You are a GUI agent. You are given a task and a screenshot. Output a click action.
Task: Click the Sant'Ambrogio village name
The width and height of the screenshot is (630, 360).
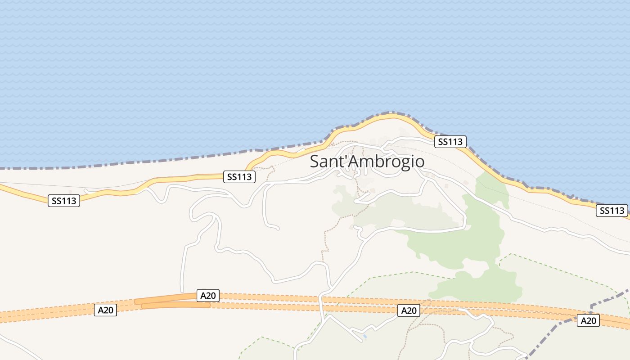click(x=367, y=161)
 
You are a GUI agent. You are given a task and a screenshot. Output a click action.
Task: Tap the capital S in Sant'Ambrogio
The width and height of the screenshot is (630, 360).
click(x=315, y=162)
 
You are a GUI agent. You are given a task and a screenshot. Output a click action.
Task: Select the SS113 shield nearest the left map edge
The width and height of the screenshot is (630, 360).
click(x=64, y=201)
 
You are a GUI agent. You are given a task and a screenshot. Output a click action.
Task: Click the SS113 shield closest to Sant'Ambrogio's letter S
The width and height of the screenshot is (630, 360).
click(x=239, y=177)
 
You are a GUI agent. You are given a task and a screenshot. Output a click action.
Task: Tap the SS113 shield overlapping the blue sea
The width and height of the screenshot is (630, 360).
click(x=450, y=142)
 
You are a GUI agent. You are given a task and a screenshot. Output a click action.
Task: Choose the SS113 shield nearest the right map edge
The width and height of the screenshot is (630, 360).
click(x=612, y=210)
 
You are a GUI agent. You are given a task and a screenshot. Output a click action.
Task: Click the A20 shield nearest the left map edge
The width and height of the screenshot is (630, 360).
click(x=105, y=310)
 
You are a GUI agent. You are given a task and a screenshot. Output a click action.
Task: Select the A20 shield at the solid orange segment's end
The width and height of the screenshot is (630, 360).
click(x=208, y=296)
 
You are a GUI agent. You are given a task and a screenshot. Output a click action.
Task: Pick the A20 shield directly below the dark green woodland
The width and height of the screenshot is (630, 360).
click(x=409, y=310)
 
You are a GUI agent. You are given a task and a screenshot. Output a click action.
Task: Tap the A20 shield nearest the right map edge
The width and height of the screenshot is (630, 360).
click(x=588, y=320)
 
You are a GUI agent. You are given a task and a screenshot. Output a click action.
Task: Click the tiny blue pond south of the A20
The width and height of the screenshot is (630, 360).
click(x=365, y=336)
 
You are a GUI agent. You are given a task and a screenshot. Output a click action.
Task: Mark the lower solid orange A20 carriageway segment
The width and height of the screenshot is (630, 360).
click(x=175, y=305)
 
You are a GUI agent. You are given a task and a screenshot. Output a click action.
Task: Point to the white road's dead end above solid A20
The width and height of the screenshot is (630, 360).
click(x=182, y=291)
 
